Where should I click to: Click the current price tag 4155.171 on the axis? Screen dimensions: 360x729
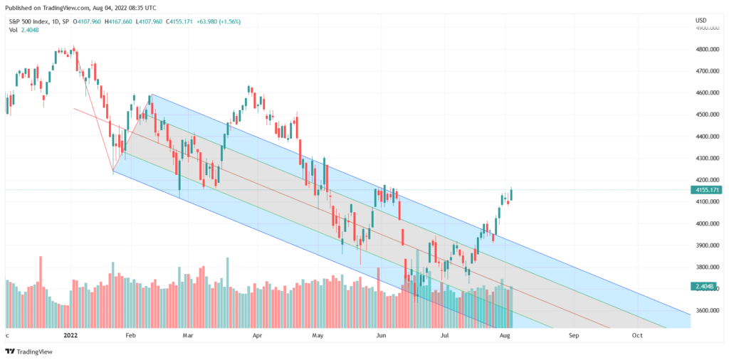coord(708,191)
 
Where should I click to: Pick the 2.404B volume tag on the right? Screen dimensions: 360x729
coord(708,286)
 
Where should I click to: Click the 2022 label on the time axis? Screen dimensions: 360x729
coord(70,334)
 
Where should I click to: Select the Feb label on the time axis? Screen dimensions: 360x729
coord(130,334)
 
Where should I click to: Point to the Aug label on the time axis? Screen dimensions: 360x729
coord(504,334)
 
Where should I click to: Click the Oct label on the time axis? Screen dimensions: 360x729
coord(637,334)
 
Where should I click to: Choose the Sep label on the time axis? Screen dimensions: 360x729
coord(573,334)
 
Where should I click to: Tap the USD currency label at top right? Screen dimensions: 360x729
coord(701,19)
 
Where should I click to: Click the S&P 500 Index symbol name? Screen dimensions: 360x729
coord(29,21)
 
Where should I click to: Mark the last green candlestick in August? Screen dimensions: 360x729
coord(511,194)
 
